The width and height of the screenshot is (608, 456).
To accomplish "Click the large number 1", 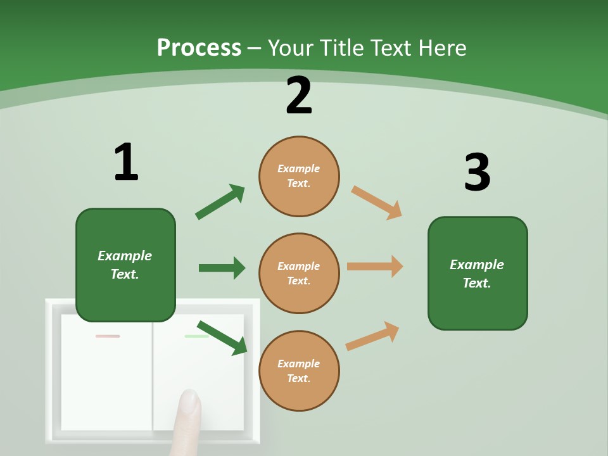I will point(126,163).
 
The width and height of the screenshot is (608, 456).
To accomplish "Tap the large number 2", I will point(299,96).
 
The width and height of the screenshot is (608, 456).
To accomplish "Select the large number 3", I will point(477,173).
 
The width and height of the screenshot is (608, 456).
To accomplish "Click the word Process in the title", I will point(199,47).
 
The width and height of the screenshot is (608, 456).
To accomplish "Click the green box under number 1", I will point(125,265).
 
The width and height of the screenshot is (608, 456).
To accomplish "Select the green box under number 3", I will point(478,273).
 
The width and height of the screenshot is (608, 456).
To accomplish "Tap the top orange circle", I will point(299,176).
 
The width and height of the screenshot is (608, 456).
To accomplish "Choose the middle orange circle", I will point(299,273).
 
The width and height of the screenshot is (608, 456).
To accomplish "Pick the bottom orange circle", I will point(299,370).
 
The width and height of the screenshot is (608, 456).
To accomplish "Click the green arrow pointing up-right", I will point(220,202).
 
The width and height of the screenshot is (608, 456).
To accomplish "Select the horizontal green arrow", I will point(222,268).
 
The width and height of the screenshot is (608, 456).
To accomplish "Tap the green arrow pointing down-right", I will point(222,338).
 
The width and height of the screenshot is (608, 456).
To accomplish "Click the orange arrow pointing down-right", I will point(377,203).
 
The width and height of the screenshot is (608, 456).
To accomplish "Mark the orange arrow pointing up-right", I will point(372,336).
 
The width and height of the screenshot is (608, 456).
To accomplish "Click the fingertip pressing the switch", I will point(189,402).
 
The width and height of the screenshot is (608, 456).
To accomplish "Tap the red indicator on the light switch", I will point(108,336).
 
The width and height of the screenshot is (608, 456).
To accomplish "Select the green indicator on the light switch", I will point(196,336).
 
